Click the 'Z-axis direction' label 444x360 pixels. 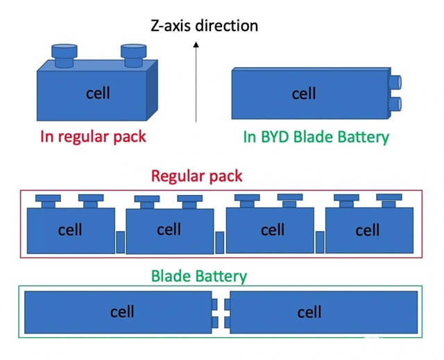204,26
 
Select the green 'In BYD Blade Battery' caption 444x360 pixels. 316,137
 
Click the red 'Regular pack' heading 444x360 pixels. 197,175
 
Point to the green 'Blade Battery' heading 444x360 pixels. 198,276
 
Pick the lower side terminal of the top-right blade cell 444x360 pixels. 395,105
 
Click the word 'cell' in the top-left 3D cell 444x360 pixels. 97,93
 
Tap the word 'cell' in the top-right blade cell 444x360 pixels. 304,94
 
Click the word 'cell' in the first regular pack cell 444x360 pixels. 70,230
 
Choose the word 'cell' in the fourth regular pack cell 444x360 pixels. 367,230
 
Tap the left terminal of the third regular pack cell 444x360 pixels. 247,200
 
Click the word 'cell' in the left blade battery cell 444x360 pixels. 122,312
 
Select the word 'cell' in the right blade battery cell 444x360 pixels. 309,313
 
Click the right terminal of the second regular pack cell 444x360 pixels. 189,201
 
